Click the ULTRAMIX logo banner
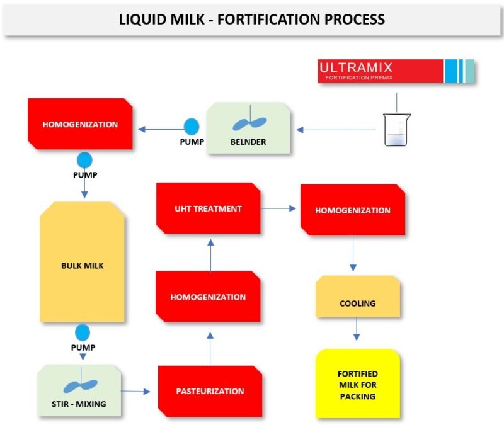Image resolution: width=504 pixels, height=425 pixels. click(x=396, y=71)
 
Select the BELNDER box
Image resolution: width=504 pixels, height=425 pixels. click(x=249, y=128)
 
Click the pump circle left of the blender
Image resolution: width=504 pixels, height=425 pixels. click(x=191, y=126)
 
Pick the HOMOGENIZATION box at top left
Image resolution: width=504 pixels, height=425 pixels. click(x=80, y=124)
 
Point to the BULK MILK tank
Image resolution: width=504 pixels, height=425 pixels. click(x=83, y=265)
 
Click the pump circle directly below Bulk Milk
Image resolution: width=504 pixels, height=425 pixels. click(x=83, y=332)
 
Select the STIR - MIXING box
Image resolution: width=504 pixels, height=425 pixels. click(x=79, y=390)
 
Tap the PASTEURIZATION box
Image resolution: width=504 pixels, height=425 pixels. click(x=209, y=391)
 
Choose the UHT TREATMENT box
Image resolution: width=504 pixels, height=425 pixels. click(x=208, y=208)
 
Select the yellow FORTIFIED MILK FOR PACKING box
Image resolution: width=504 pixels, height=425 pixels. click(x=357, y=383)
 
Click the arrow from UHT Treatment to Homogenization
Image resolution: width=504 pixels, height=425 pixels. click(x=280, y=208)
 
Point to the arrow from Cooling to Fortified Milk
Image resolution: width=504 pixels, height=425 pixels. click(x=357, y=329)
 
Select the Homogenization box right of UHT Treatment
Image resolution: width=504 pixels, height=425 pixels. click(x=353, y=210)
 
